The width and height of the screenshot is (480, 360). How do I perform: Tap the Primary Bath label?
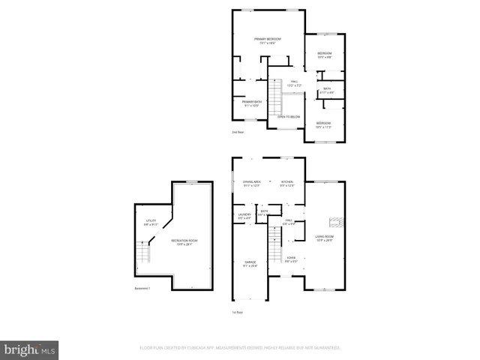click(250, 103)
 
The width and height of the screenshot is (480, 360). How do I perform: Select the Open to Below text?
click(289, 117)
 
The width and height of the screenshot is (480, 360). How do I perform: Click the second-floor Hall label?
click(295, 82)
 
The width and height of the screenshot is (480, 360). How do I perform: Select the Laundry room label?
click(244, 217)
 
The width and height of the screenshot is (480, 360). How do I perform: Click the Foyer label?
click(290, 259)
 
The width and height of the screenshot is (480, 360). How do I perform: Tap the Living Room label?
click(324, 238)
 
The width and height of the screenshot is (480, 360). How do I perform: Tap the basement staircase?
click(145, 254)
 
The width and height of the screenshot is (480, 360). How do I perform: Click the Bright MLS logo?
click(30, 349)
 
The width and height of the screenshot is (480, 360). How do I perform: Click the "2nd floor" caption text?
click(238, 133)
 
